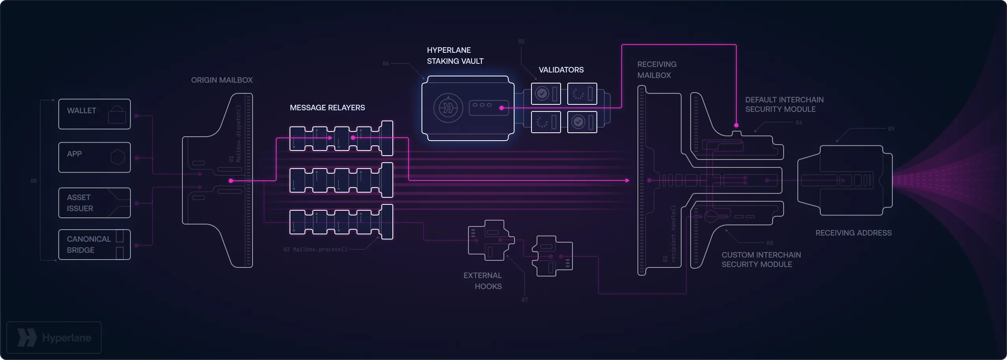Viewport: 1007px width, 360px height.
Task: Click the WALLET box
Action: tap(94, 114)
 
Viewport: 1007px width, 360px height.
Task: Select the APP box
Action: tap(94, 157)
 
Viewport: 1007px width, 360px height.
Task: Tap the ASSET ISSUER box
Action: tap(94, 202)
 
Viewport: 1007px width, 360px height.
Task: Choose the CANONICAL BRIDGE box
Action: tap(94, 244)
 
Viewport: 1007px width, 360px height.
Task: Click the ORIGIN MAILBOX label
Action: tap(222, 80)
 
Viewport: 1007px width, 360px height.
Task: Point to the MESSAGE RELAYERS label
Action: tap(327, 108)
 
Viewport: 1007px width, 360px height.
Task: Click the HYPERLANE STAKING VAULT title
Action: tap(455, 56)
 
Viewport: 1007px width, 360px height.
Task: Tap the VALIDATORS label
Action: tap(561, 70)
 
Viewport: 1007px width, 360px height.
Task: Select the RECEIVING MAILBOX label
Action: tap(657, 70)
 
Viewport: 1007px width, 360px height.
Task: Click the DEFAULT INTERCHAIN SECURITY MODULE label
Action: tap(784, 104)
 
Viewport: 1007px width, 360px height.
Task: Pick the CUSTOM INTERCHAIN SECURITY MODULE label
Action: tap(761, 260)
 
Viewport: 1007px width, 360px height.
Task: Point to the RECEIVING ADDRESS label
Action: tap(853, 233)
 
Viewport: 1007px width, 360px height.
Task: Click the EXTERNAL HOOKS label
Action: tap(483, 281)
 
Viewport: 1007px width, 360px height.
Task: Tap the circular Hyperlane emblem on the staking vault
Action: tap(448, 108)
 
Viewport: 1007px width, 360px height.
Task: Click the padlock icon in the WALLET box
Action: tap(117, 115)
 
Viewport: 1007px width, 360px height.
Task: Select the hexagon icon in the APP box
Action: tap(117, 157)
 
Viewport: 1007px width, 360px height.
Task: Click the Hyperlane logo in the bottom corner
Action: tap(54, 338)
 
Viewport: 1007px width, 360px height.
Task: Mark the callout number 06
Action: tap(386, 63)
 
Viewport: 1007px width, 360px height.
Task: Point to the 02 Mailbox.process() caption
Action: tap(315, 249)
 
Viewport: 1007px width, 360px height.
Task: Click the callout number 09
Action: tap(891, 129)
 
